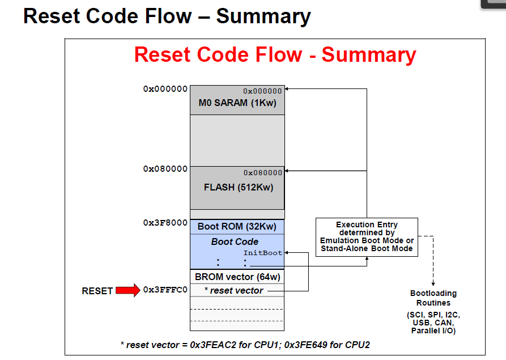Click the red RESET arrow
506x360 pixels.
[127, 291]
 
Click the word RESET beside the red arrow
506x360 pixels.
[97, 291]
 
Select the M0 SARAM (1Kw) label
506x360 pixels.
[237, 103]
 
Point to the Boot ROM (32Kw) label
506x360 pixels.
[237, 227]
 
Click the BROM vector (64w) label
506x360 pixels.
[237, 277]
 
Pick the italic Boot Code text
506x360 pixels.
[234, 242]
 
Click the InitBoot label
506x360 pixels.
[263, 253]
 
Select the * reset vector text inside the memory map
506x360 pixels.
[233, 291]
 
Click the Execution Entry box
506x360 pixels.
[367, 237]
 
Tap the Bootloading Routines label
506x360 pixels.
[433, 298]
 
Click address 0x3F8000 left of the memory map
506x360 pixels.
[165, 223]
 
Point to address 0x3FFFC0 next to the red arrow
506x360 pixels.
[165, 290]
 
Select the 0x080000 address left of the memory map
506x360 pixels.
[165, 169]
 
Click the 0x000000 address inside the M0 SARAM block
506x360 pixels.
[262, 91]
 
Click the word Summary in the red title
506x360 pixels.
[369, 55]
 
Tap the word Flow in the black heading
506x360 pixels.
[169, 16]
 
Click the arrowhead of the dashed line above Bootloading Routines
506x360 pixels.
[433, 283]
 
